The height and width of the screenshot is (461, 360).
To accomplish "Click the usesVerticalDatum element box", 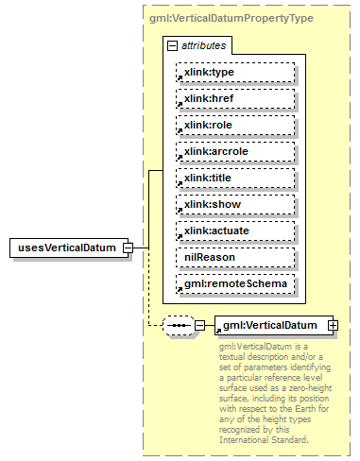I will tap(67, 248).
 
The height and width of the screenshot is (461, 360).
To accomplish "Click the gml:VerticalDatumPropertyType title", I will tap(231, 18).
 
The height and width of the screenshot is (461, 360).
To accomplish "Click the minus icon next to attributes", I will tap(171, 45).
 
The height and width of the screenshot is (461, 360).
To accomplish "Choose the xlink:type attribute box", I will tap(235, 72).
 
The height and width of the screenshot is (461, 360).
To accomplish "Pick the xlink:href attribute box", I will tap(235, 98).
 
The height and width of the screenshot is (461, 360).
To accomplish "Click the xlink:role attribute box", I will tap(235, 125).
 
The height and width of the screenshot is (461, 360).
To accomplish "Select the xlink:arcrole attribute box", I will tap(235, 151).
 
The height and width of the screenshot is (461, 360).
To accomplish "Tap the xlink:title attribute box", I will tap(235, 178).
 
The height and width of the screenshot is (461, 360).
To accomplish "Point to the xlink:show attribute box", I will tap(235, 204).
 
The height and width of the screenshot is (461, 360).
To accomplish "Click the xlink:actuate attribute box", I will tap(235, 230).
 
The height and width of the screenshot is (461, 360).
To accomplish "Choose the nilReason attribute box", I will tap(235, 257).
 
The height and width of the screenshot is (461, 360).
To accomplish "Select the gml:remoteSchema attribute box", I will tap(235, 283).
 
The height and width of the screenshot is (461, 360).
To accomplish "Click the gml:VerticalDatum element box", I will tap(269, 325).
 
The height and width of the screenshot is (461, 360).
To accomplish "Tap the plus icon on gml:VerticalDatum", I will tap(333, 325).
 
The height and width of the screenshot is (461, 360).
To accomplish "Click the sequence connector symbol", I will tap(178, 325).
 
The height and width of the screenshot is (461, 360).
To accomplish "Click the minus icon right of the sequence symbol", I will tap(199, 325).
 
